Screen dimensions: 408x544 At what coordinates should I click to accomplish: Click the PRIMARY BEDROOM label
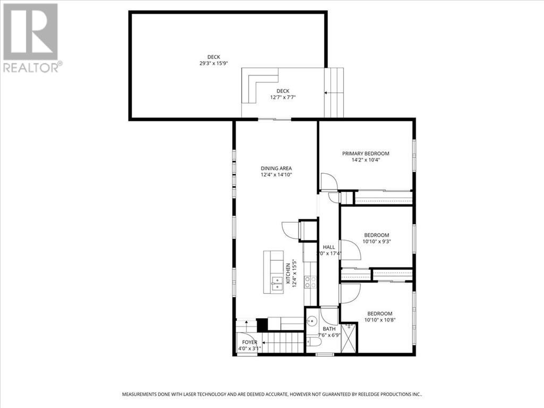click(365, 154)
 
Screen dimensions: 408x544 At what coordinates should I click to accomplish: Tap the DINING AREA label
click(276, 168)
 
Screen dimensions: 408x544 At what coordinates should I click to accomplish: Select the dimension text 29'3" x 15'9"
click(214, 63)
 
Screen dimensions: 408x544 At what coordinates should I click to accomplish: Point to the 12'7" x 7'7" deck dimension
click(283, 97)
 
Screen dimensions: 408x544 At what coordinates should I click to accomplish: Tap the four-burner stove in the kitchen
click(310, 282)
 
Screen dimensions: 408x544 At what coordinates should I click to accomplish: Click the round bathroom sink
click(312, 321)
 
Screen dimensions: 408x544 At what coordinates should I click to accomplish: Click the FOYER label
click(250, 342)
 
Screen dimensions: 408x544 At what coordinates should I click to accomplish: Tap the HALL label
click(328, 247)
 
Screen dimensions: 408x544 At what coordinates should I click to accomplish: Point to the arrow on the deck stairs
click(334, 93)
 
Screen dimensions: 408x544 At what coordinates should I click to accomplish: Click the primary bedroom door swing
click(328, 182)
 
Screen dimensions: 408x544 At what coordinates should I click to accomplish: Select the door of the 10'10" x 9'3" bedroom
click(350, 250)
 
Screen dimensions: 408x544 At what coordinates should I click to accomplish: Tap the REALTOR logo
click(32, 37)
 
